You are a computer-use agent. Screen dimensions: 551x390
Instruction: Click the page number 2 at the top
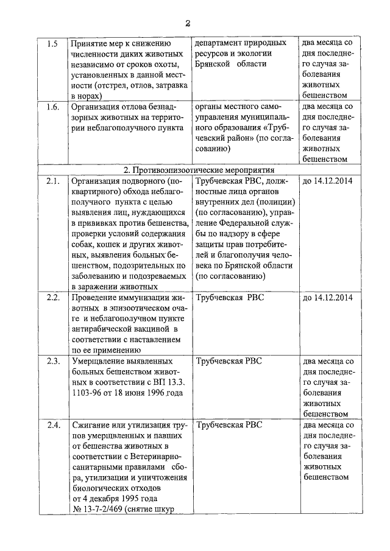click(x=188, y=23)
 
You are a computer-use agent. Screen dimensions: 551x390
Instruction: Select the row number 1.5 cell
click(x=52, y=44)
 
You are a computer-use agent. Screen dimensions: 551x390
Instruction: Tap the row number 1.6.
click(x=53, y=107)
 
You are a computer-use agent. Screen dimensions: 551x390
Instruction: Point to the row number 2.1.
click(x=53, y=181)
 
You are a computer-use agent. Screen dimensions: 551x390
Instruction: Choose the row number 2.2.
click(x=53, y=298)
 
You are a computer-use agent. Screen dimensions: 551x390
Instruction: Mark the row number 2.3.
click(x=53, y=361)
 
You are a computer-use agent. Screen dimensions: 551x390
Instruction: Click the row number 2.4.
click(x=53, y=425)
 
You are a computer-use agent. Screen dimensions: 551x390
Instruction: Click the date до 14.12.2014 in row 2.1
click(x=327, y=181)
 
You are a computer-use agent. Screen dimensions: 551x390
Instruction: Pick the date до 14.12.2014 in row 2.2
click(x=327, y=298)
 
